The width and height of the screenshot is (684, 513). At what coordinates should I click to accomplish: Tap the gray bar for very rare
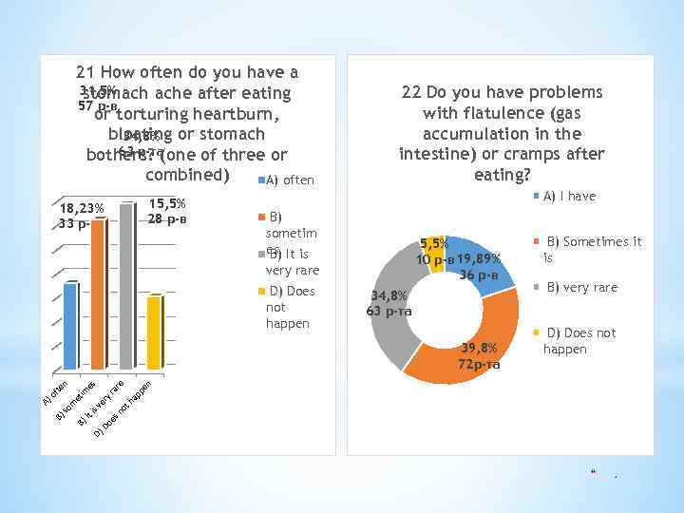coord(125,285)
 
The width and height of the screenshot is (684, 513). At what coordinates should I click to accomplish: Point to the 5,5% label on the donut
coord(436,244)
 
